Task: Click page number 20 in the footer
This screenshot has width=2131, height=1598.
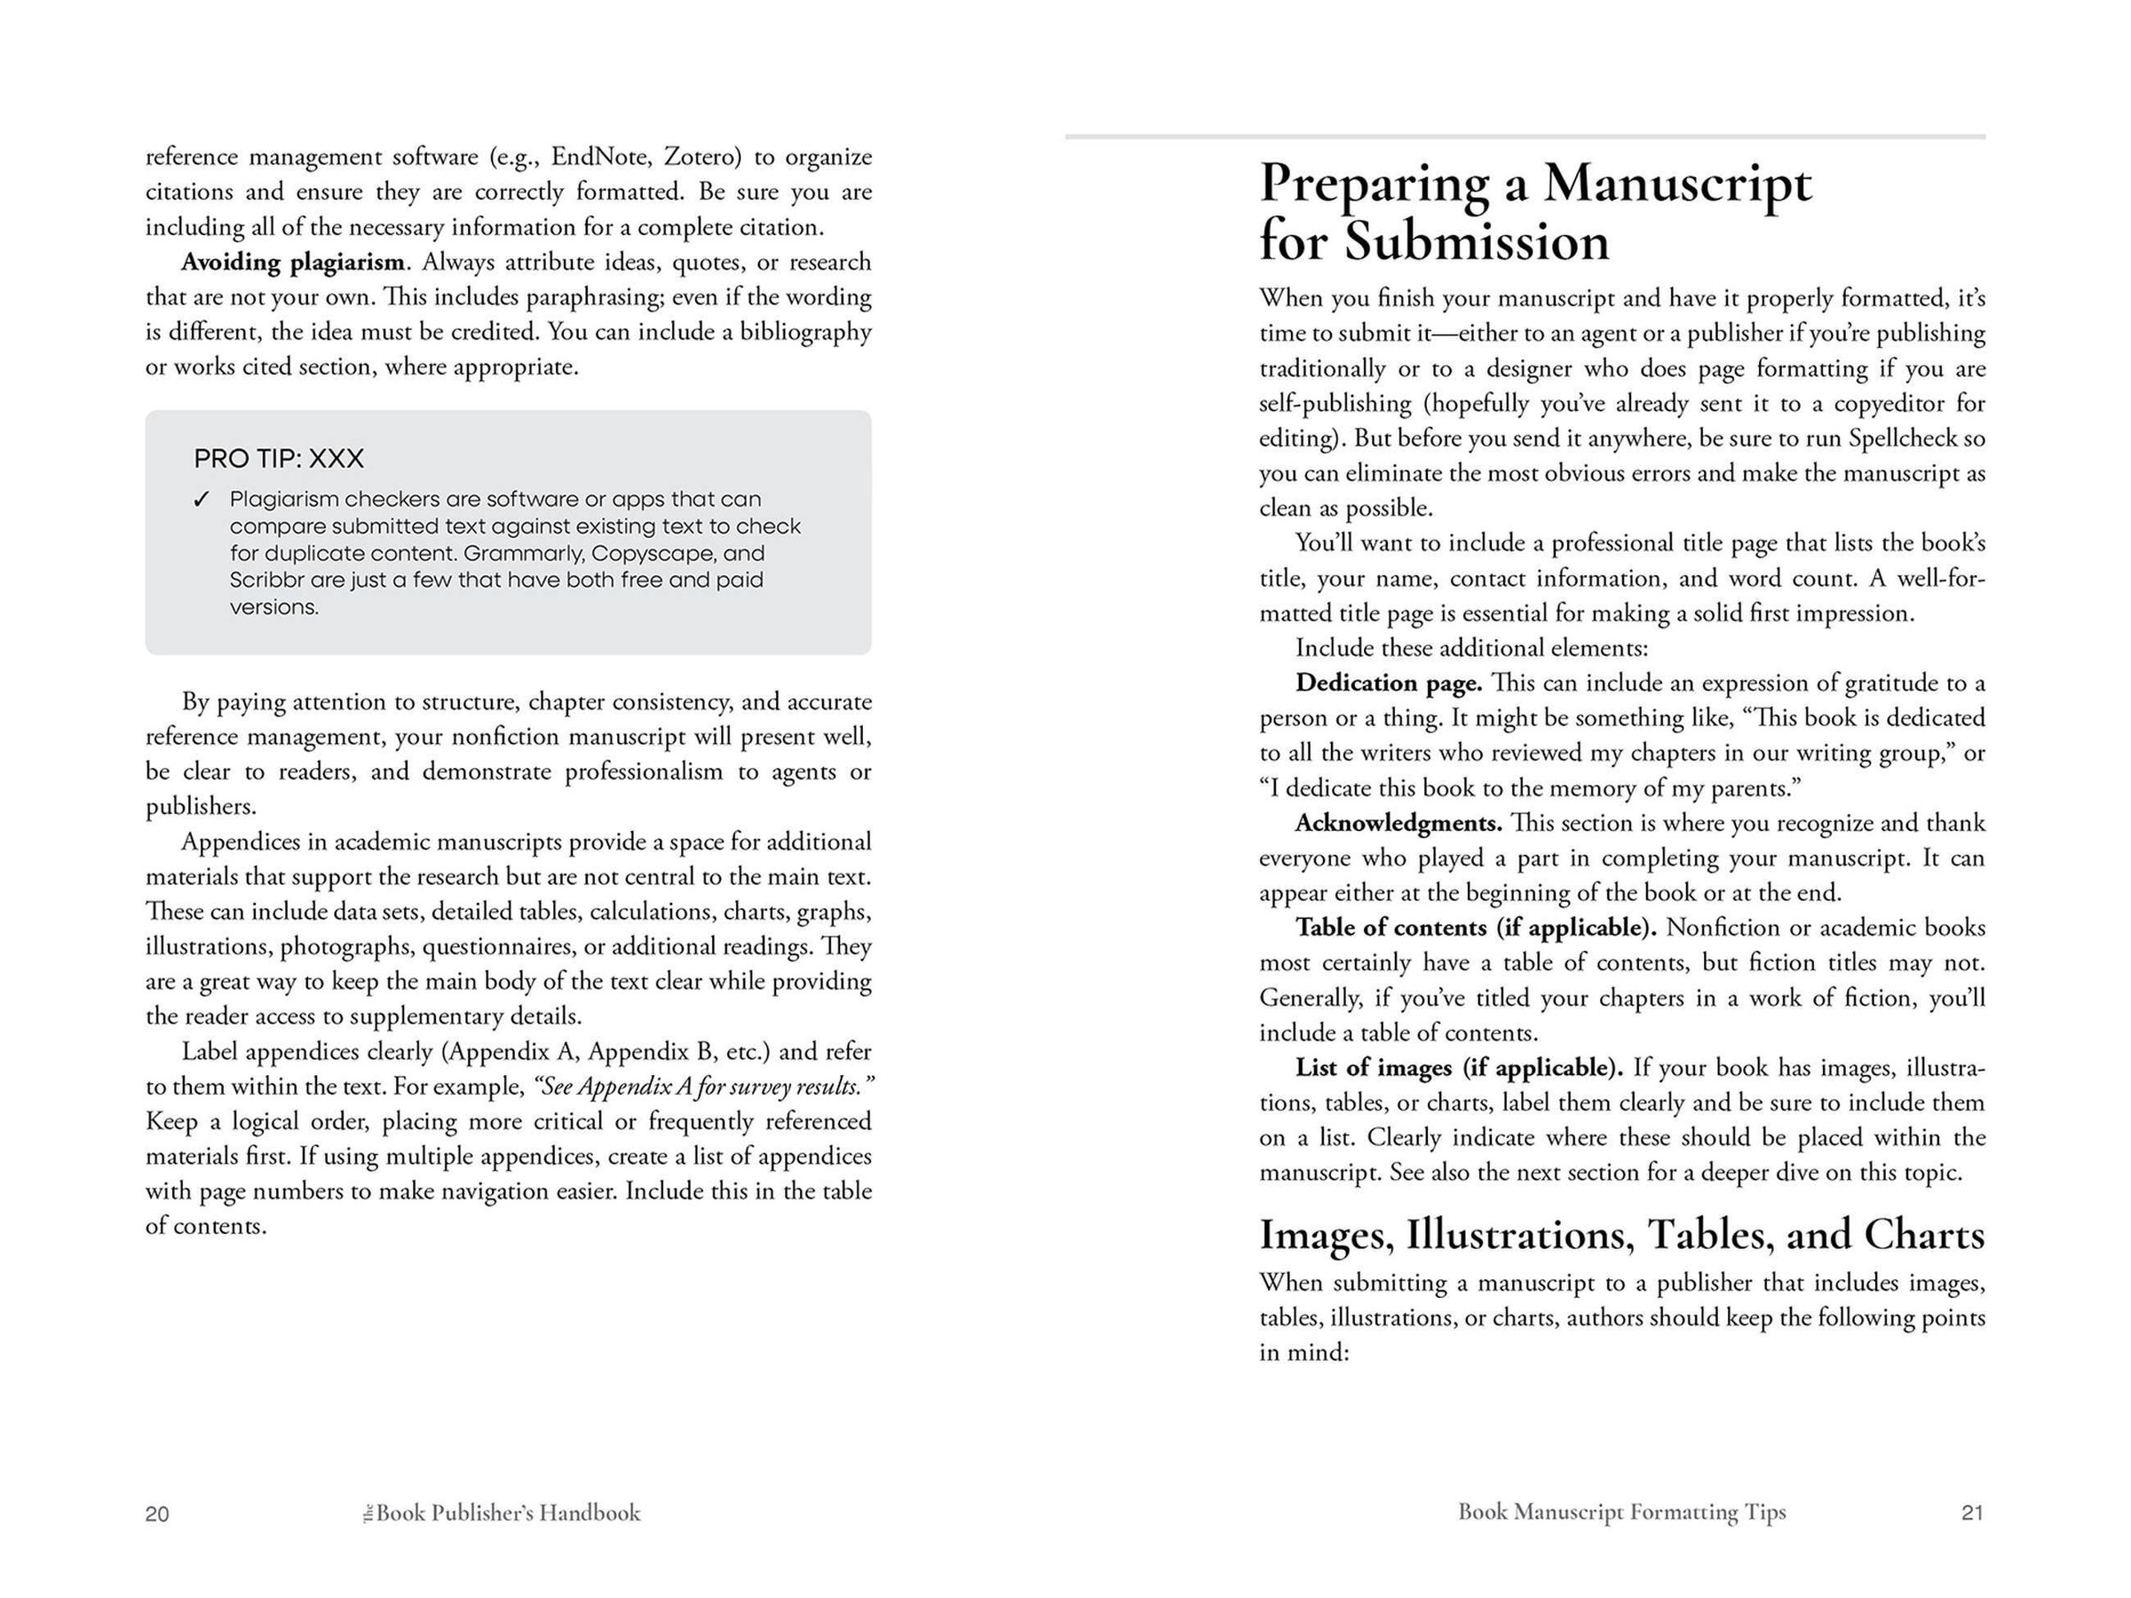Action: (157, 1515)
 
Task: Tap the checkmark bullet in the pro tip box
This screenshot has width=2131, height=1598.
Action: (202, 499)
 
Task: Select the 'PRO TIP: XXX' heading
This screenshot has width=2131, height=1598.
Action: (279, 458)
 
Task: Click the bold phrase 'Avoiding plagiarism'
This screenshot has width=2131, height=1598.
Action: (293, 262)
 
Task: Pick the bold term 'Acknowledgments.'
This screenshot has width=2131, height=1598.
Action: (1398, 824)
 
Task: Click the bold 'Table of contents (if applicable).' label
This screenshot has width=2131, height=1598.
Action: (1475, 928)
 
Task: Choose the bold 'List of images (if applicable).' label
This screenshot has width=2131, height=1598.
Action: (1459, 1068)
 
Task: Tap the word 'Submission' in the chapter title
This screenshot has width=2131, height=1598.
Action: (1477, 241)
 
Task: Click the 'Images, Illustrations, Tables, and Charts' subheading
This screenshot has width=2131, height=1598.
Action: (1621, 1236)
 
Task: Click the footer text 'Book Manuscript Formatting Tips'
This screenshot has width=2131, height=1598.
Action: (1621, 1512)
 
